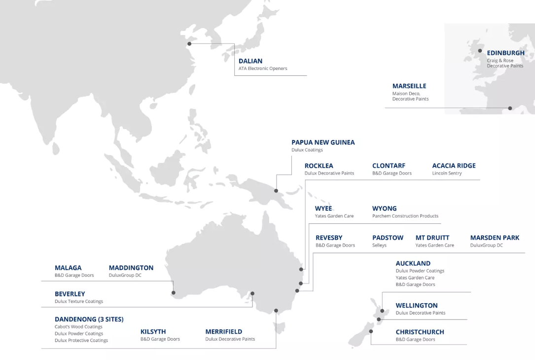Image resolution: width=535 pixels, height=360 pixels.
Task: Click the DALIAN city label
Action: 250,61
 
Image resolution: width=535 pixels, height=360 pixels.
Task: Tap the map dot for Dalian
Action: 189,44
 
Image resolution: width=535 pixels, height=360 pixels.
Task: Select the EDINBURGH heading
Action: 505,53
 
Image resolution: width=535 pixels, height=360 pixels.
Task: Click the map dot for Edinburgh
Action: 480,51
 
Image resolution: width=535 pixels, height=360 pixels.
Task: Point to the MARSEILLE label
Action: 409,86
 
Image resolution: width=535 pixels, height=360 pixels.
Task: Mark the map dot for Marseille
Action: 510,108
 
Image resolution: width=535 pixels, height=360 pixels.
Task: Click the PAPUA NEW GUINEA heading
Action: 323,143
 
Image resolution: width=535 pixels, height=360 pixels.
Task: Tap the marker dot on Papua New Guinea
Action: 276,191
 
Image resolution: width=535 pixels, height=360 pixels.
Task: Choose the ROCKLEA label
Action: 319,166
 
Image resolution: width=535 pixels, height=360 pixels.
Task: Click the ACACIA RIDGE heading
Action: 454,166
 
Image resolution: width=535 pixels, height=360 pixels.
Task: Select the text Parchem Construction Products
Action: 405,216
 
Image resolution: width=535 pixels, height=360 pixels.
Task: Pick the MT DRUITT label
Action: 432,238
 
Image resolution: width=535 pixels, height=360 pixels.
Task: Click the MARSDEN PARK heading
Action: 495,238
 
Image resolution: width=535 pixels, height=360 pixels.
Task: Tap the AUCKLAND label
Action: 413,263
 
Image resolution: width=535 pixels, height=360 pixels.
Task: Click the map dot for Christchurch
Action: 371,332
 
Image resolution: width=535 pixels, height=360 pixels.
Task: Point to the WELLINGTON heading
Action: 417,305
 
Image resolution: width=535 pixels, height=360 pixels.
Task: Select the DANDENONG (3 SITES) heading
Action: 89,319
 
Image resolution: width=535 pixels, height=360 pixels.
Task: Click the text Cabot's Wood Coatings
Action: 78,326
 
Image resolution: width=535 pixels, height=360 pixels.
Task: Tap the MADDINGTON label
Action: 131,268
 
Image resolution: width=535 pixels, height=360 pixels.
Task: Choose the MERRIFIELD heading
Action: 224,332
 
